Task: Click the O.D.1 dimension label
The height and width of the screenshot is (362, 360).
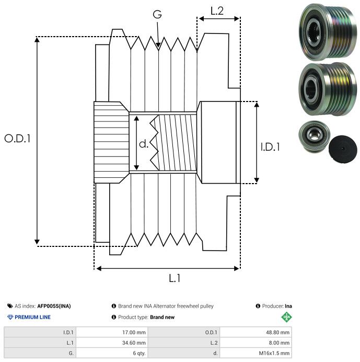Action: [18, 139]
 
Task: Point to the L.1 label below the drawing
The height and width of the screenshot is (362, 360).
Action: [175, 278]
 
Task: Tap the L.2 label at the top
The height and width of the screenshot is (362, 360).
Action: [217, 10]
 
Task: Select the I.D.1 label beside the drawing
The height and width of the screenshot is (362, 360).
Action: [270, 148]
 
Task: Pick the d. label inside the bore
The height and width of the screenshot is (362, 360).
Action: [144, 143]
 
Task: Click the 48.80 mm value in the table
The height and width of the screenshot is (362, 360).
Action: [277, 332]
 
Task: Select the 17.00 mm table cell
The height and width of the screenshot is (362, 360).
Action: [134, 332]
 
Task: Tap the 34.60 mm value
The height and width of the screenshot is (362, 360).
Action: [134, 342]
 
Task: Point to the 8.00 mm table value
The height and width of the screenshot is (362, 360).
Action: [279, 342]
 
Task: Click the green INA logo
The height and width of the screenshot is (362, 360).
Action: [286, 317]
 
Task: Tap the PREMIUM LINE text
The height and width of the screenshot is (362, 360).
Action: [32, 317]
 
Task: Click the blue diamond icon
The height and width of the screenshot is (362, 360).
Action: [10, 317]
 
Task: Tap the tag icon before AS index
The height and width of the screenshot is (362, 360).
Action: [10, 306]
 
